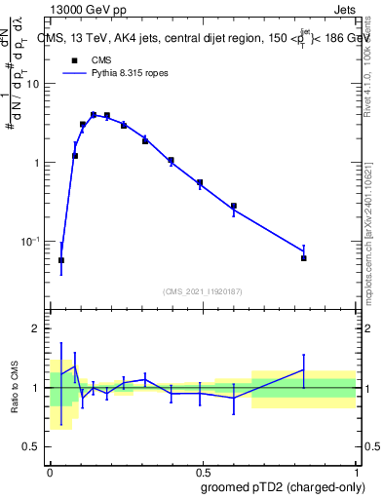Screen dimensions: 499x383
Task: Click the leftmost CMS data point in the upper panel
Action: pos(61,260)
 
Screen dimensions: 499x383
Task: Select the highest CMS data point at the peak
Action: pos(94,115)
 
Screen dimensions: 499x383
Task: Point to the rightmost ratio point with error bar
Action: pos(304,369)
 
